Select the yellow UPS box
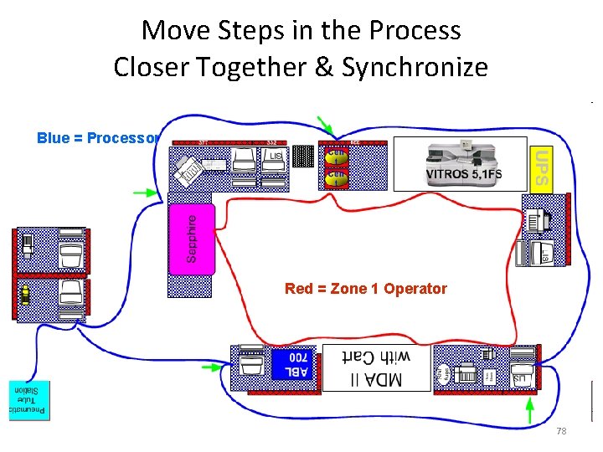click(542, 167)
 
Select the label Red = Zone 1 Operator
click(366, 289)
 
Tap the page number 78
click(561, 431)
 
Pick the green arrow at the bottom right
click(529, 410)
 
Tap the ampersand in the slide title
click(323, 67)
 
